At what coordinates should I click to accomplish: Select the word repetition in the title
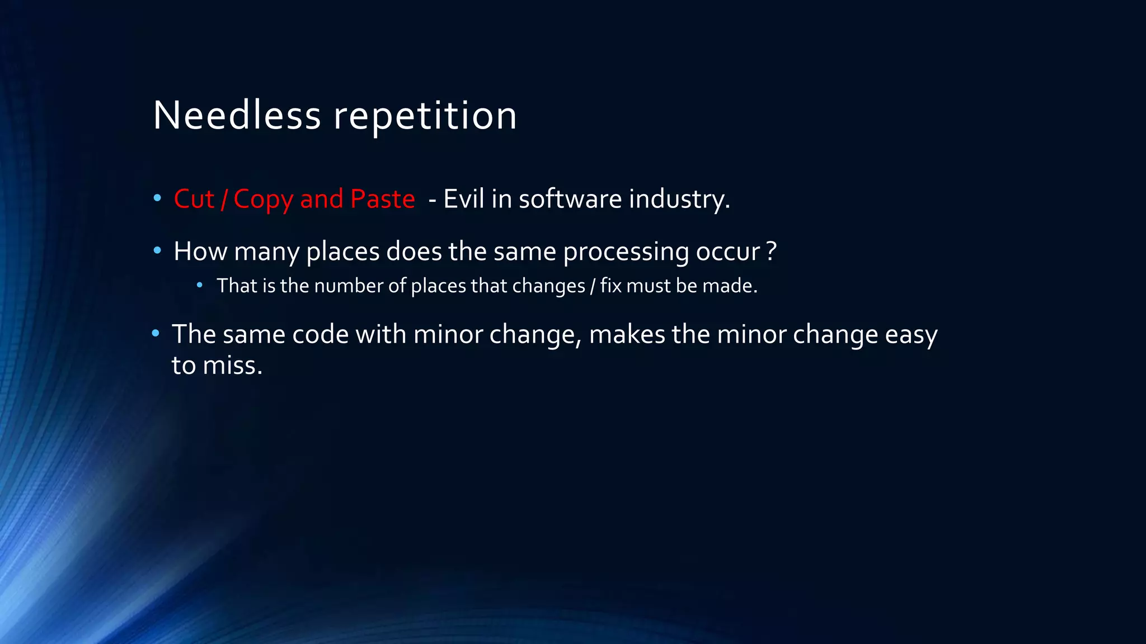click(425, 116)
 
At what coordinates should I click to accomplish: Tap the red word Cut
click(194, 199)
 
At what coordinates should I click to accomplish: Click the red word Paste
click(382, 199)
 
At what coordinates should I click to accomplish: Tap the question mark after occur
click(772, 252)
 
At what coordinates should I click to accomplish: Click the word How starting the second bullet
click(200, 252)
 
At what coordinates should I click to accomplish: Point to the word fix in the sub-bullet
click(610, 286)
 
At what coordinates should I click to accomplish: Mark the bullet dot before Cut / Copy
click(157, 198)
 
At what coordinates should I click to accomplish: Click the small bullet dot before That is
click(200, 285)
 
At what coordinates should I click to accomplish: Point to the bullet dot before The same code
click(156, 334)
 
